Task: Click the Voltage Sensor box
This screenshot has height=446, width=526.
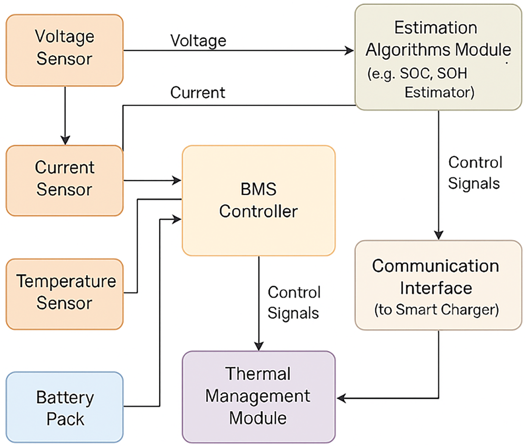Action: coord(65,50)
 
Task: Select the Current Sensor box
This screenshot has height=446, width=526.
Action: coord(65,181)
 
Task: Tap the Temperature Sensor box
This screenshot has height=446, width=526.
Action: coord(65,294)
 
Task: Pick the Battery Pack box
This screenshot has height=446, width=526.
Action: coord(65,407)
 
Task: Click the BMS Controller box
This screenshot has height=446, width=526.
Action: coord(259,201)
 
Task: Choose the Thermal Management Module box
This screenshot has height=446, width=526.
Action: coord(259,397)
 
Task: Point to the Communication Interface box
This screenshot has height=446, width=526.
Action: coord(438,285)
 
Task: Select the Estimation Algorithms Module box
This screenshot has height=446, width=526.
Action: coord(438,57)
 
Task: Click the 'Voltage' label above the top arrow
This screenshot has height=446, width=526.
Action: coord(198,41)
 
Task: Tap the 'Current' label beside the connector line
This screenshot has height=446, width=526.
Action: coord(197,93)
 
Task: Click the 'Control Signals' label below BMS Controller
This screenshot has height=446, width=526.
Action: coord(294,303)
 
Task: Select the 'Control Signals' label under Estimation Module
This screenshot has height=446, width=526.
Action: coord(475,173)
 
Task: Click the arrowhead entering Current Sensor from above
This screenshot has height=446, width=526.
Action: coord(65,140)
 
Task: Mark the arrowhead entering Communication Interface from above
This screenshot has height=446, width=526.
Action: coord(438,235)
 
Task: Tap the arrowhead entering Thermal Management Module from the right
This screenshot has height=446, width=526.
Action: coord(341,398)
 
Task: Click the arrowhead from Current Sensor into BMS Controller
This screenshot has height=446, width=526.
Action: coord(177,181)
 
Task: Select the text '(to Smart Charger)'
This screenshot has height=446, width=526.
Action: coord(437,309)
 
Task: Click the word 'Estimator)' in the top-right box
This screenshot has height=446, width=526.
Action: coord(439,93)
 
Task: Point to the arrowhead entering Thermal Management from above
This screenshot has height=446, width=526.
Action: coord(259,346)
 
